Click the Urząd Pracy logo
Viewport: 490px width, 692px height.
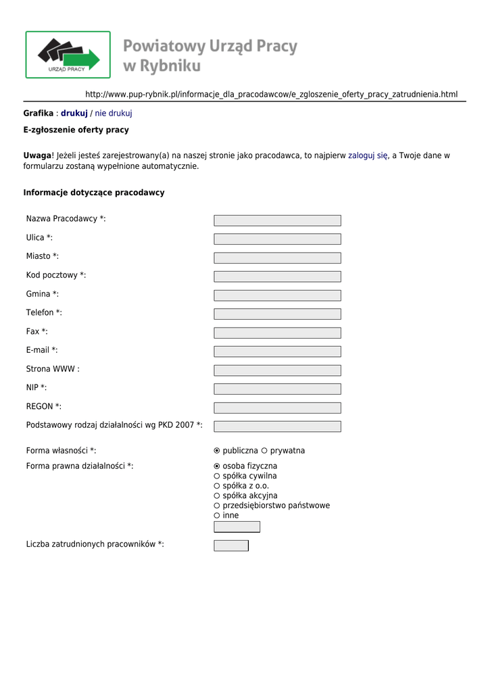point(68,55)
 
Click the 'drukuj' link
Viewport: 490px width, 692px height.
point(74,113)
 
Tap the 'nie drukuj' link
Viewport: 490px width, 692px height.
point(113,113)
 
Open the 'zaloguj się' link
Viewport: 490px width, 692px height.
point(368,155)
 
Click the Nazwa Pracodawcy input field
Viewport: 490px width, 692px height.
point(277,220)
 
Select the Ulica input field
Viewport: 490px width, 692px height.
point(277,239)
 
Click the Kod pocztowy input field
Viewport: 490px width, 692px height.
point(277,276)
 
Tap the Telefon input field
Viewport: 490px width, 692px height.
point(277,314)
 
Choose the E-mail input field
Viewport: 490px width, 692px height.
point(277,351)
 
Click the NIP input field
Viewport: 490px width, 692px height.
point(277,389)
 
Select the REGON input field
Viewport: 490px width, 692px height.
point(277,407)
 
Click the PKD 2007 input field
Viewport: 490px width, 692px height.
point(277,426)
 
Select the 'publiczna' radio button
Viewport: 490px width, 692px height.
point(217,451)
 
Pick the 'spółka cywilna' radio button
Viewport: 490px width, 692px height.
point(217,476)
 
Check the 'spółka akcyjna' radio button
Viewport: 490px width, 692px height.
point(217,496)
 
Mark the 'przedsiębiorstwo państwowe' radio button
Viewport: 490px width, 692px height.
point(217,505)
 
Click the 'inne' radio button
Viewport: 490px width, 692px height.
point(217,516)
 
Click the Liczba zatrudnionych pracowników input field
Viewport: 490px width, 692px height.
point(231,545)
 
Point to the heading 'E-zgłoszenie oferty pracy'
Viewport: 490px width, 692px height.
point(76,130)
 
